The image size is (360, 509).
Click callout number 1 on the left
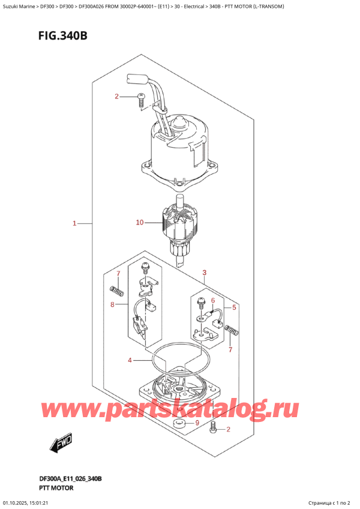pos(74,224)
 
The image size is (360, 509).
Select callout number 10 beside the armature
pos(140,223)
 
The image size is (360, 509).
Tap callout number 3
pos(205,274)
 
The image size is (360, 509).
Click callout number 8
pos(112,305)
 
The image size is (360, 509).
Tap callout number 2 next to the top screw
pos(118,97)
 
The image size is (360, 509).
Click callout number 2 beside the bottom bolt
pos(228,429)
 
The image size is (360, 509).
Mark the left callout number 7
pos(118,274)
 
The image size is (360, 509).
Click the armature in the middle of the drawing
pos(178,224)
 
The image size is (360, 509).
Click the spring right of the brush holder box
pos(232,330)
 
